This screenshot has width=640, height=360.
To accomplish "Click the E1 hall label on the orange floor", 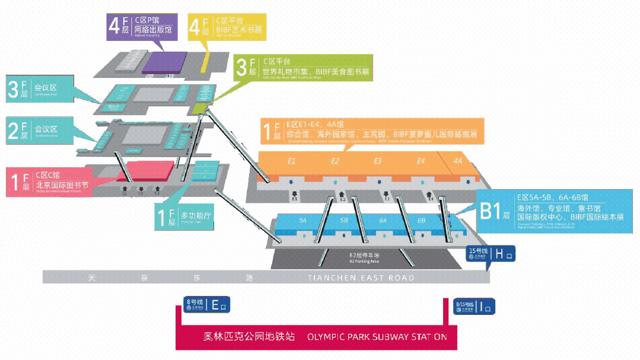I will [292, 161].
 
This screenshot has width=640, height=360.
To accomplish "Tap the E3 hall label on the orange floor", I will [378, 161].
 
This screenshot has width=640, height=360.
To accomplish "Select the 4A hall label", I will [457, 161].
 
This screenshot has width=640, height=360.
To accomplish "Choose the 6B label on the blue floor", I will [422, 221].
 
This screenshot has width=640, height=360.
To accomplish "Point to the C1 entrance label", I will [157, 193].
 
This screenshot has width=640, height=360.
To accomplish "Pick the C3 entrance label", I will [125, 193].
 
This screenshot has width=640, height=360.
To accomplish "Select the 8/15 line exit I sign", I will [474, 306].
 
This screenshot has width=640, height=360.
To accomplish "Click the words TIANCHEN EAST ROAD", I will [361, 278].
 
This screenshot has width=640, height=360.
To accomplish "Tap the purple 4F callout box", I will [142, 26].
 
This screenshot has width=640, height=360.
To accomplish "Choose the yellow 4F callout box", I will [225, 26].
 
